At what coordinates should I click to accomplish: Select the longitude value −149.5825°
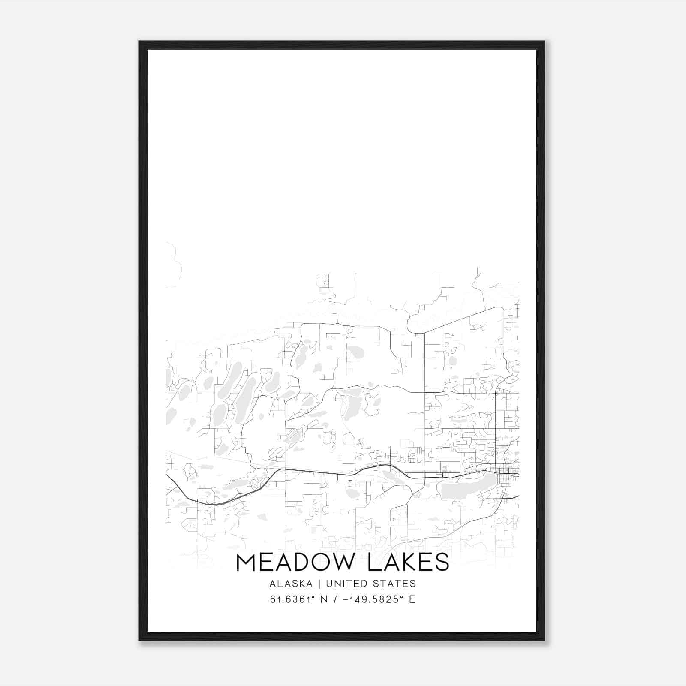pyautogui.click(x=373, y=599)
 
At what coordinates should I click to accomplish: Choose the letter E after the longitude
pyautogui.click(x=412, y=599)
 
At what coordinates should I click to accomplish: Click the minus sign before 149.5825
pyautogui.click(x=346, y=599)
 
